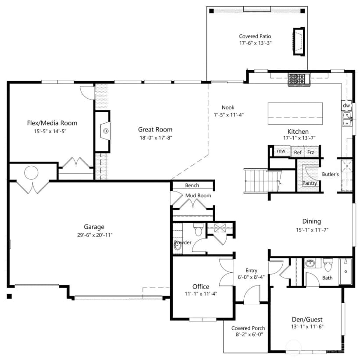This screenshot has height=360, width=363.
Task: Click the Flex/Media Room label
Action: click(52, 123)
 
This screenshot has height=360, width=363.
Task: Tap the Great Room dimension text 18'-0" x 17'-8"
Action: click(156, 138)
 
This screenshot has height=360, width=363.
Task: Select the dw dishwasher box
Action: click(347, 105)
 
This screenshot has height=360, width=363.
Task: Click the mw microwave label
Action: click(281, 151)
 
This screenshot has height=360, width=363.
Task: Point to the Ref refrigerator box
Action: click(298, 152)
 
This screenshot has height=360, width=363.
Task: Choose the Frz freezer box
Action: click(312, 152)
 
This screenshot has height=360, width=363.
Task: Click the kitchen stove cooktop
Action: click(299, 79)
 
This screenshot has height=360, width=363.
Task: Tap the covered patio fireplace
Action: click(299, 41)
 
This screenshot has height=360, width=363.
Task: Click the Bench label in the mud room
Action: click(192, 185)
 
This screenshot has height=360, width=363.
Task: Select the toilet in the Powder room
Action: click(198, 229)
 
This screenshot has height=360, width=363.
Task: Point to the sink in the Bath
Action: click(310, 263)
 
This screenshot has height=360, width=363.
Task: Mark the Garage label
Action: click(94, 227)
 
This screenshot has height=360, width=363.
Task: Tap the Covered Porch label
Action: click(248, 328)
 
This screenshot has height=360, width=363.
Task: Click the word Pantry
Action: click(310, 183)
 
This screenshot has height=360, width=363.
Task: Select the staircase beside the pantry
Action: click(262, 181)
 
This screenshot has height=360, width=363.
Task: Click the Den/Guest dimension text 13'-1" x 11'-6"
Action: click(307, 327)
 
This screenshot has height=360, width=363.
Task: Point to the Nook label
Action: click(228, 107)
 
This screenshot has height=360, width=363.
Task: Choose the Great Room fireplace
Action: click(103, 131)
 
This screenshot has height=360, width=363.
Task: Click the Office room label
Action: click(201, 287)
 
